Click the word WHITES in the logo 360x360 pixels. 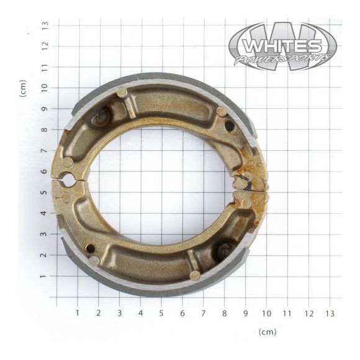tap(282, 46)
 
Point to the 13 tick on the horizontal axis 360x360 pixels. tap(330, 313)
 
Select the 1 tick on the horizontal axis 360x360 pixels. tap(78, 313)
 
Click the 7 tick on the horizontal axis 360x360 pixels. tap(204, 313)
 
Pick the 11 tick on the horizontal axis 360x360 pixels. tap(287, 313)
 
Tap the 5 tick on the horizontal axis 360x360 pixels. tap(161, 313)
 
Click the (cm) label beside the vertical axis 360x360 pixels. tap(23, 88)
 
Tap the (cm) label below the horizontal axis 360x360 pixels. tap(268, 332)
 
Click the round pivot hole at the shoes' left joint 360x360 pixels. tap(68, 181)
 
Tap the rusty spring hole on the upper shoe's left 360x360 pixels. tap(100, 116)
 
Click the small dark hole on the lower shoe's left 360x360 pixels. tap(91, 248)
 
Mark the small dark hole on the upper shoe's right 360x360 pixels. tap(230, 126)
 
